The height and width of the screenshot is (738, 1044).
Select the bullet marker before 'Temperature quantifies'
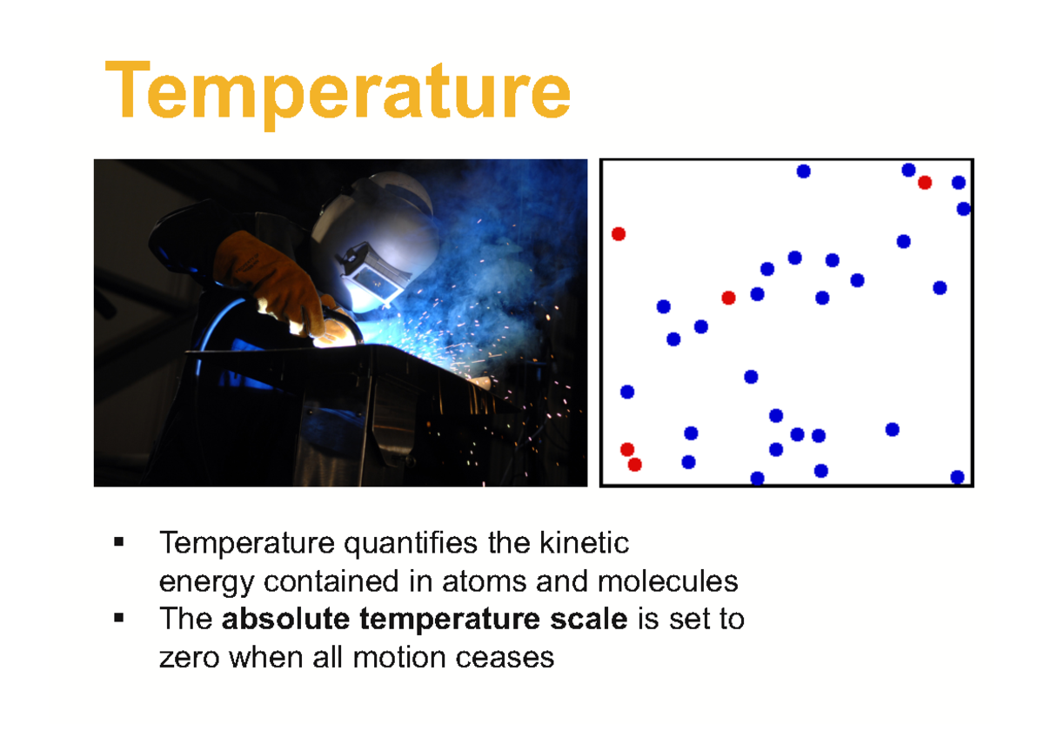click(x=119, y=544)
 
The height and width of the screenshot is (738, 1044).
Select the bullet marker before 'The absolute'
click(x=119, y=619)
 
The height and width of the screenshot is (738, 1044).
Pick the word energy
click(x=206, y=581)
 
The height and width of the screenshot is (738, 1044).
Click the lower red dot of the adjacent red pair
click(x=635, y=465)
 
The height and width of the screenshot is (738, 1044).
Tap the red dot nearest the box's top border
click(x=924, y=183)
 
